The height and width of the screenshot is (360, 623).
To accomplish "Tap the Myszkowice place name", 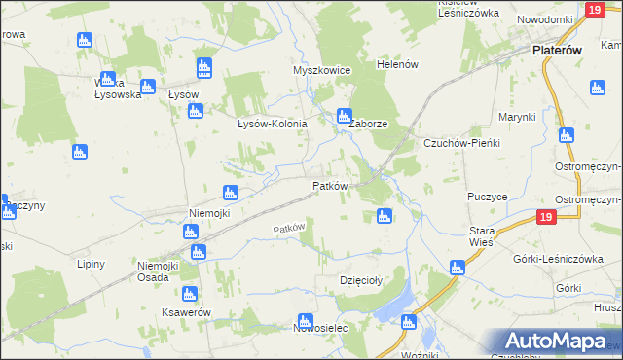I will (321, 71).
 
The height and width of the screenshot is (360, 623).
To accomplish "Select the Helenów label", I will (397, 64).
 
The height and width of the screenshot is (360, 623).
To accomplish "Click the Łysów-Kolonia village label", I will (273, 125).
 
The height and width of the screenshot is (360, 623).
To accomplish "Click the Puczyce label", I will (487, 196).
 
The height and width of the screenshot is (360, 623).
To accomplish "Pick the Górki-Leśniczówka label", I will (565, 258).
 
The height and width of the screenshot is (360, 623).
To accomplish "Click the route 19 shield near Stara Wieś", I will (545, 218).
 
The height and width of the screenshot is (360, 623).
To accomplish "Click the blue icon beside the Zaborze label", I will (343, 116).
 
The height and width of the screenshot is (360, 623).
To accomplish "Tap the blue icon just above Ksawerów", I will (189, 294).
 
